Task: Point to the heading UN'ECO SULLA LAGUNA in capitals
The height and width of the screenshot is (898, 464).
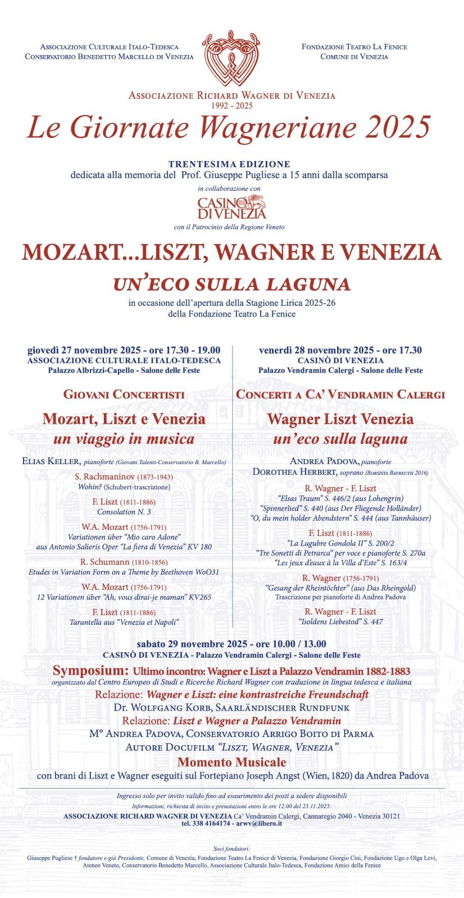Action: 231,284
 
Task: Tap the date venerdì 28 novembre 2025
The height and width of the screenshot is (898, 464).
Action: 316,350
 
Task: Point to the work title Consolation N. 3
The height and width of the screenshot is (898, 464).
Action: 124,512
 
